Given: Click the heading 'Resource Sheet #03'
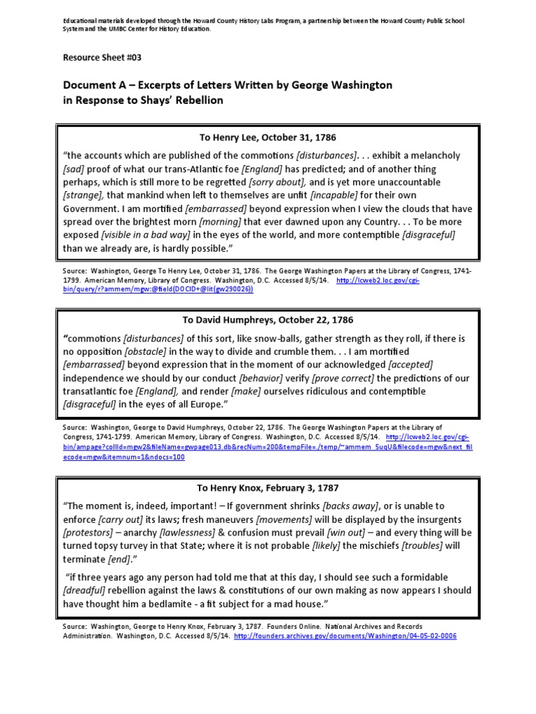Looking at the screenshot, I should point(104,57).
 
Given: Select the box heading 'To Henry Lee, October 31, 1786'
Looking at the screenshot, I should point(268,137).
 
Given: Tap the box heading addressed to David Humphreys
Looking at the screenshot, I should point(268,320).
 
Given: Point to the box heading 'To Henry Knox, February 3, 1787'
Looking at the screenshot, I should point(268,487).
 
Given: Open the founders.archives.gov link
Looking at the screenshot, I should point(345,637).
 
